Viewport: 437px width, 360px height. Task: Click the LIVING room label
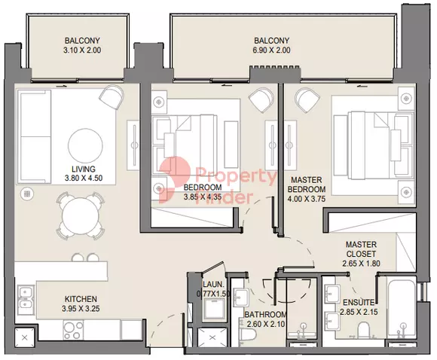pyautogui.click(x=84, y=169)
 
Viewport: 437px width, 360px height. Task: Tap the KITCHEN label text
pyautogui.click(x=81, y=299)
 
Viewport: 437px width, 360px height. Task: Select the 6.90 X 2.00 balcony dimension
pyautogui.click(x=272, y=50)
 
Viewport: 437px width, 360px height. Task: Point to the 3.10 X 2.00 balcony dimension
pyautogui.click(x=82, y=50)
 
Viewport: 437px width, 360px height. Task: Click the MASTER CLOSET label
pyautogui.click(x=361, y=249)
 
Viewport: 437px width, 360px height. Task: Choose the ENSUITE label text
pyautogui.click(x=359, y=302)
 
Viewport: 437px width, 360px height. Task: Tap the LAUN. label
pyautogui.click(x=213, y=285)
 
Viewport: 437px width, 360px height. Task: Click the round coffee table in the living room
pyautogui.click(x=85, y=145)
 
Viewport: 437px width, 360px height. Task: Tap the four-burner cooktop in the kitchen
pyautogui.click(x=73, y=330)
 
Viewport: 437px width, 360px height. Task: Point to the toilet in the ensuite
pyautogui.click(x=364, y=330)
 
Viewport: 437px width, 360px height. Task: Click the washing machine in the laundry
pyautogui.click(x=213, y=310)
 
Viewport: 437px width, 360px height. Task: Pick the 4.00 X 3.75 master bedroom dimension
pyautogui.click(x=307, y=199)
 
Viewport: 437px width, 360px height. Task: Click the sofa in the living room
pyautogui.click(x=35, y=136)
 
